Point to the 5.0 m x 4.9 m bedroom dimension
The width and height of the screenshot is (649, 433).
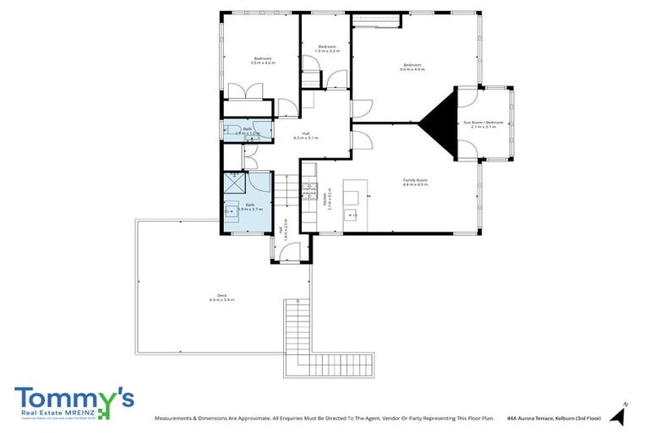click(412, 70)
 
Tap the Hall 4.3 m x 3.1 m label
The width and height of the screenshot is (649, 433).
click(310, 135)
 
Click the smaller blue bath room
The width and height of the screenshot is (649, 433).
click(248, 131)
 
